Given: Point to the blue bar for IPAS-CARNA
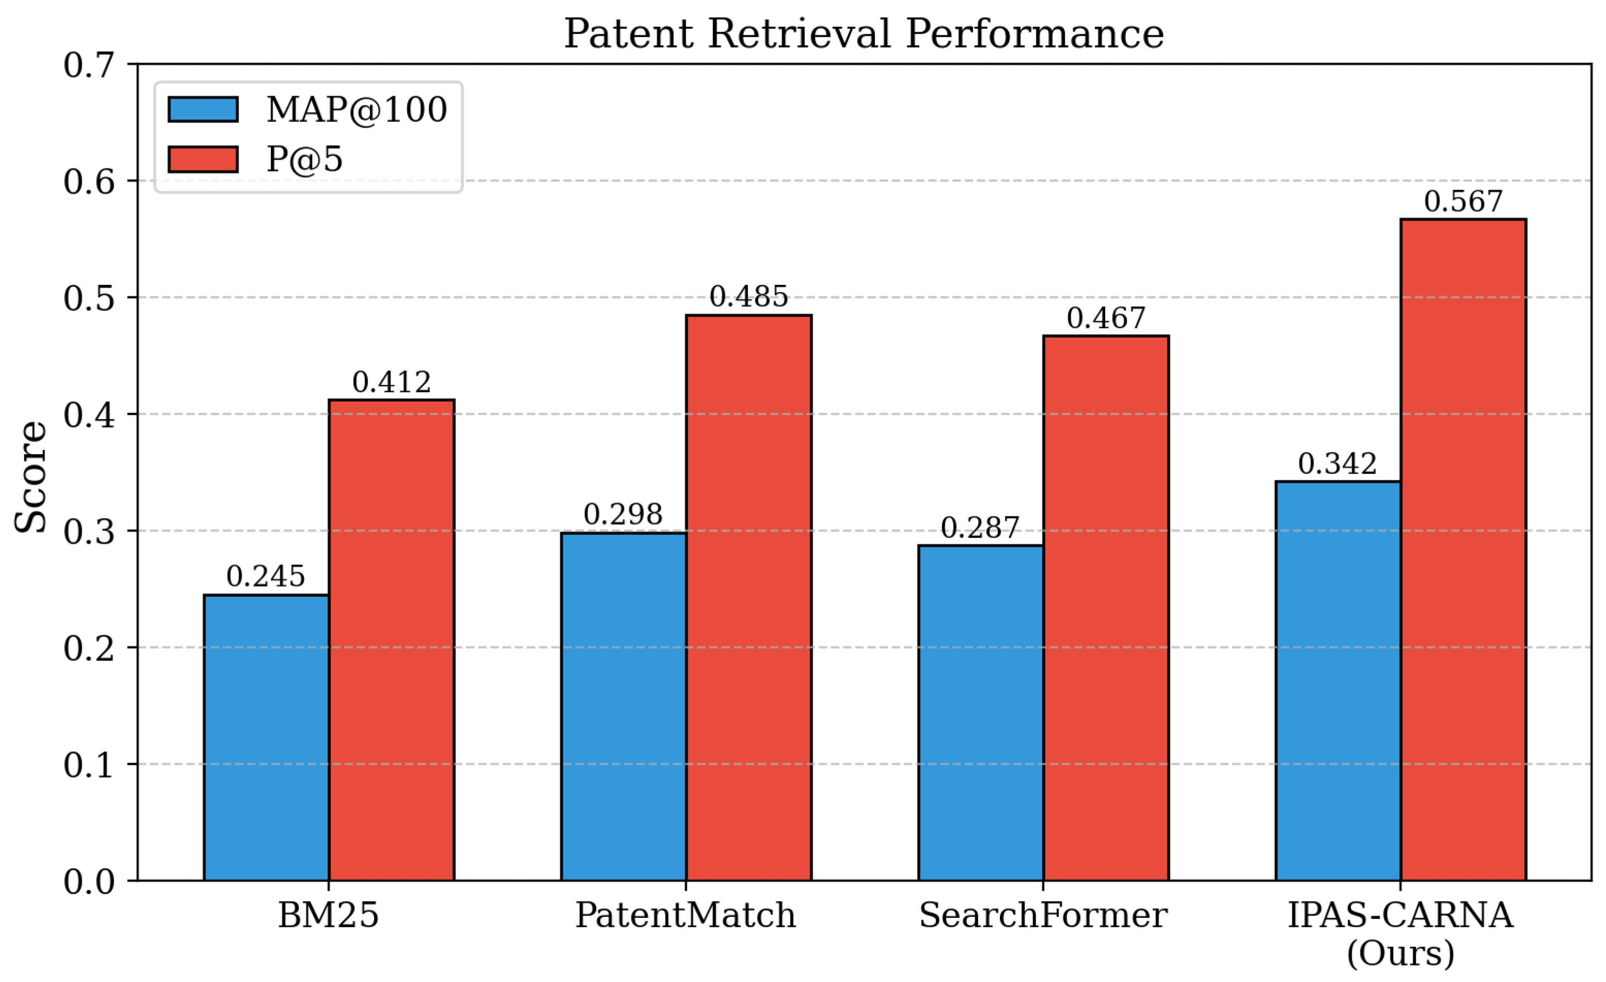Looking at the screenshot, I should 1337,681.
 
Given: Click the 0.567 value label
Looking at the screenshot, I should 1463,202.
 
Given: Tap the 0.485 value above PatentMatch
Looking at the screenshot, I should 748,297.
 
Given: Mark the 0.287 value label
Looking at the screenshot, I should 980,528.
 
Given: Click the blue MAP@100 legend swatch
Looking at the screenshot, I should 203,109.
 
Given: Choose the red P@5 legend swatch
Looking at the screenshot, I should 203,159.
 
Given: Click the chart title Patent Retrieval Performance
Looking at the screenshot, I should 863,34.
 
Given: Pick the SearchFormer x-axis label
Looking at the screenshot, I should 1043,915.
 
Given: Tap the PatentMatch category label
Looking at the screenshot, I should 685,915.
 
